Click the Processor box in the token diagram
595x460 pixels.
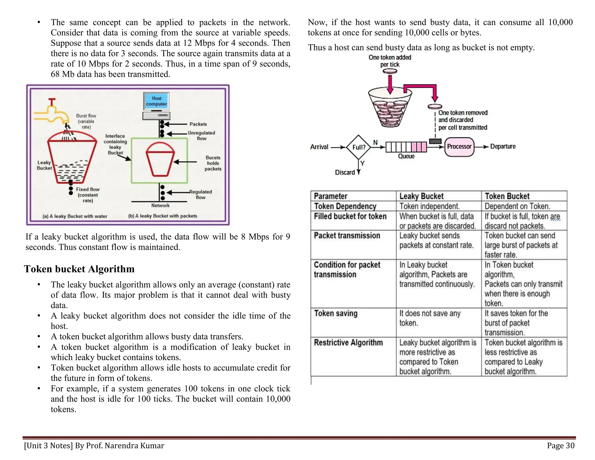(x=459, y=147)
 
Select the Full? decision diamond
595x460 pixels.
(x=359, y=147)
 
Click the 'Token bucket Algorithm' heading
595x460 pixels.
(x=79, y=269)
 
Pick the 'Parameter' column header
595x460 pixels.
(x=331, y=196)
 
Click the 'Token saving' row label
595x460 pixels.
(x=336, y=313)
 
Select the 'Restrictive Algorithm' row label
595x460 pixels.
(x=348, y=343)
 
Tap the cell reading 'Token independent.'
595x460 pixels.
(x=429, y=206)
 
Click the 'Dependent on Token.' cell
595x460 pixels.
(x=517, y=206)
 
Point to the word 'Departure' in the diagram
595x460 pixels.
(x=503, y=147)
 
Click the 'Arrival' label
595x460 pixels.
(x=319, y=147)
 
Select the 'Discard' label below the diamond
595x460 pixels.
(x=345, y=172)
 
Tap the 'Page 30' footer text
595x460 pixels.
(x=561, y=446)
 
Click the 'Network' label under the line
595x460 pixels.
(x=160, y=206)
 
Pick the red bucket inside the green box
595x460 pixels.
(x=160, y=159)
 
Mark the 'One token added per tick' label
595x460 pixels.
(x=390, y=61)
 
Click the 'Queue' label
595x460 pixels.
(x=406, y=156)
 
